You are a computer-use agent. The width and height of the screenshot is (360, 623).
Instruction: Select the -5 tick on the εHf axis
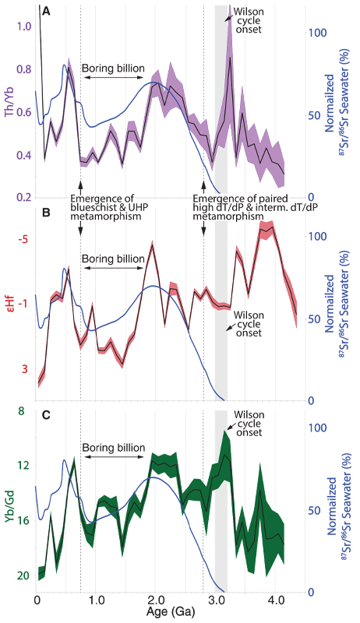click(x=23, y=238)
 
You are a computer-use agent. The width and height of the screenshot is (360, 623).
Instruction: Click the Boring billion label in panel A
click(x=113, y=69)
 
